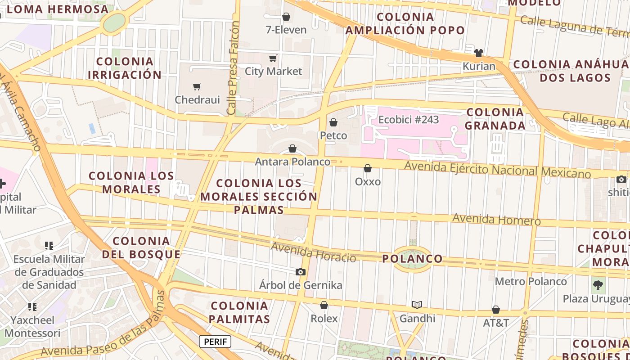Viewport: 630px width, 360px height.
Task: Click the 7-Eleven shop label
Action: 286,30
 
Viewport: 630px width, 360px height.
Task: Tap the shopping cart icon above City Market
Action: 273,58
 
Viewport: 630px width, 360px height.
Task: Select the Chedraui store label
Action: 197,99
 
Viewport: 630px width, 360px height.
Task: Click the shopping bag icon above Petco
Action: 333,122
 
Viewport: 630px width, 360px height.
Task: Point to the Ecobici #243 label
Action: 409,120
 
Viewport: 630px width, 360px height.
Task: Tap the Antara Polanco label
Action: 292,161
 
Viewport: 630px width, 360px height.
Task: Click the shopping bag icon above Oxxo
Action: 368,168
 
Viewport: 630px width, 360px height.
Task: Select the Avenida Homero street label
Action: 496,219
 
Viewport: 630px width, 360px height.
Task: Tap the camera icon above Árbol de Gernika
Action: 301,272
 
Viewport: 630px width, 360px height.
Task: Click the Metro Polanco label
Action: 531,281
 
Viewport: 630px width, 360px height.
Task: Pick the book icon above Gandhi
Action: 417,305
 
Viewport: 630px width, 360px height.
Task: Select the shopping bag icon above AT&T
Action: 496,310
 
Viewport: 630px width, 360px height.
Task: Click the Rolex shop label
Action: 324,318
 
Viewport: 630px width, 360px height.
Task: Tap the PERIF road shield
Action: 215,342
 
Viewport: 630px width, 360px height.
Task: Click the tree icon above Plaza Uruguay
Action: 598,284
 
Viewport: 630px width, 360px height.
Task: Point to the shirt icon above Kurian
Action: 478,53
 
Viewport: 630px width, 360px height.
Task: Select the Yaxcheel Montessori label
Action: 32,327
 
